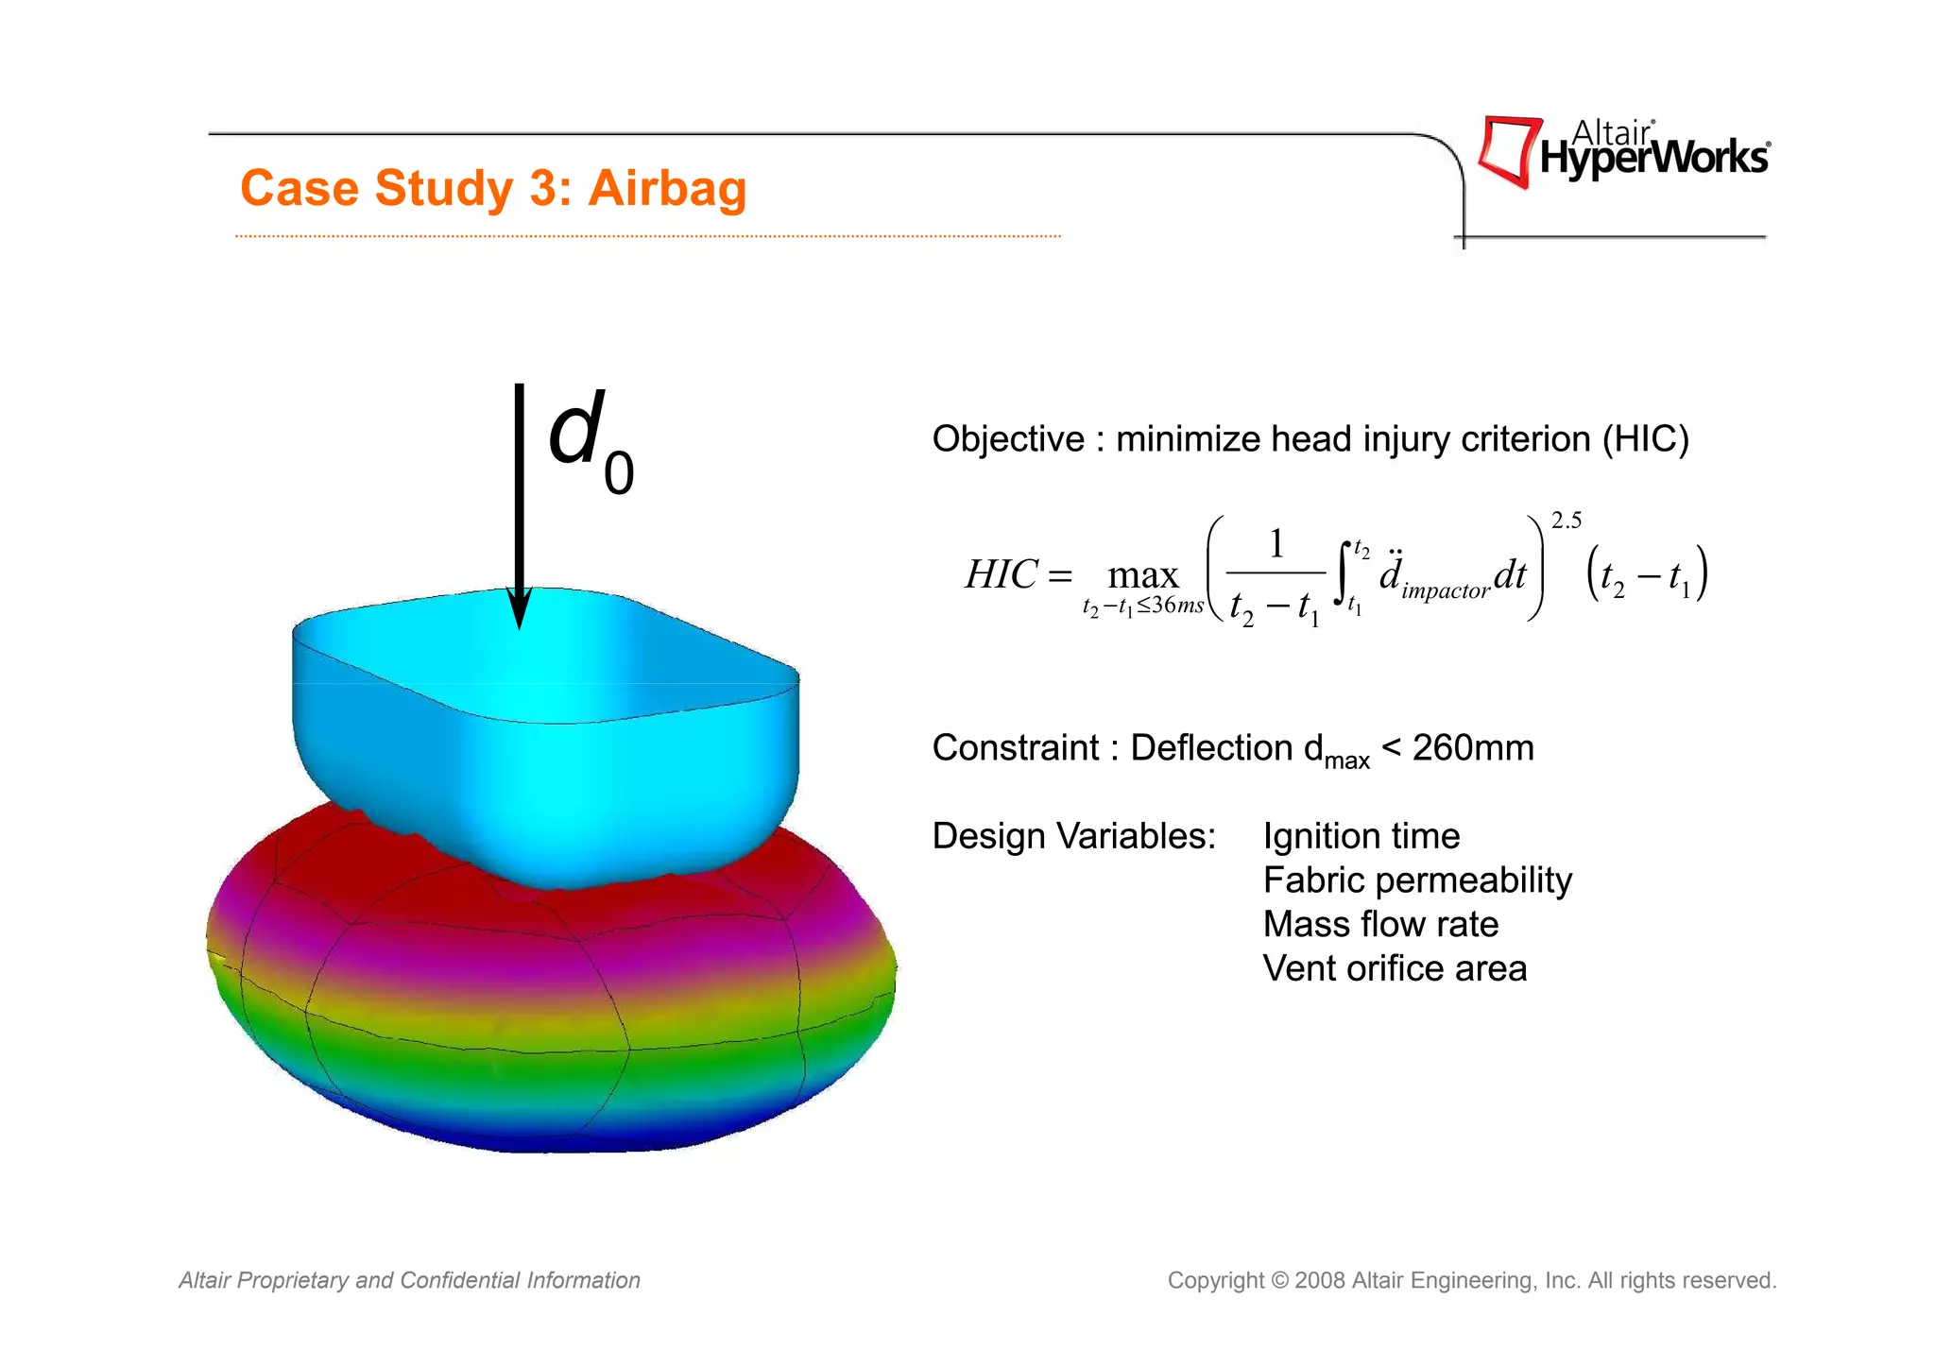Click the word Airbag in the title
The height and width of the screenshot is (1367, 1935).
click(x=667, y=188)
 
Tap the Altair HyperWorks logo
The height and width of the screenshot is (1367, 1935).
click(x=1622, y=152)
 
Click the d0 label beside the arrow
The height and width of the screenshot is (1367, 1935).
click(x=590, y=440)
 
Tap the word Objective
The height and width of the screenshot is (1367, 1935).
click(x=1007, y=439)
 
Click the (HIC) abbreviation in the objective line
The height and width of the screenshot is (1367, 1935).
click(x=1645, y=439)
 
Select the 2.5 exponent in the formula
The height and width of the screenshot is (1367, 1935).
click(x=1566, y=521)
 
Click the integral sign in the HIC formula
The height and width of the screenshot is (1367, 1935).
click(x=1343, y=572)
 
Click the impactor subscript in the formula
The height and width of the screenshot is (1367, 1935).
click(x=1446, y=591)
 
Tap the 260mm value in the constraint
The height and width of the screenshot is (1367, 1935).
click(x=1472, y=748)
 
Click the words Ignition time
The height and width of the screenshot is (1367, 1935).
click(x=1361, y=837)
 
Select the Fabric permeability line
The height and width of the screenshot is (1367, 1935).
click(x=1416, y=880)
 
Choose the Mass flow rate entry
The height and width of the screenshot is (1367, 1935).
click(x=1379, y=924)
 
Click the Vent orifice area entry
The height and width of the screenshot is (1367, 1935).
click(x=1394, y=968)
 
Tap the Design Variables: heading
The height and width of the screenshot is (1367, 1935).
click(x=1073, y=837)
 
